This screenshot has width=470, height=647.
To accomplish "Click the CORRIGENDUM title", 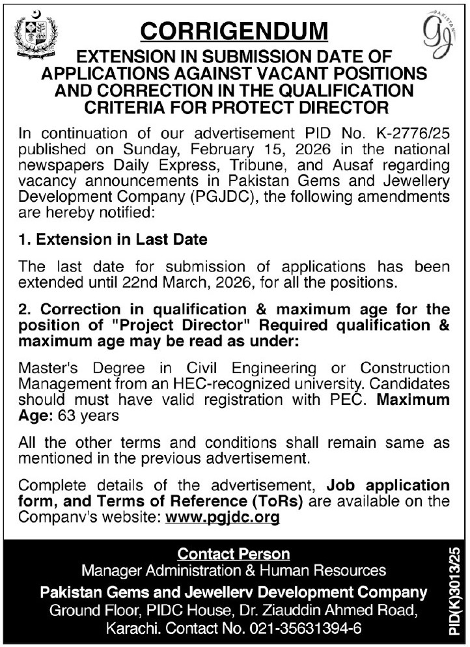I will [x=235, y=31].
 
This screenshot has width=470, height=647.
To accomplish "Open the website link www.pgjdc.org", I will [x=223, y=518].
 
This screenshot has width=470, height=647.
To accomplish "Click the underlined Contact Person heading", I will [x=234, y=554].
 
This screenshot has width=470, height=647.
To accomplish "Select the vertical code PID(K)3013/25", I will [x=454, y=593].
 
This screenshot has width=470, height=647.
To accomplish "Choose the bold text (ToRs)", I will [x=277, y=502].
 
